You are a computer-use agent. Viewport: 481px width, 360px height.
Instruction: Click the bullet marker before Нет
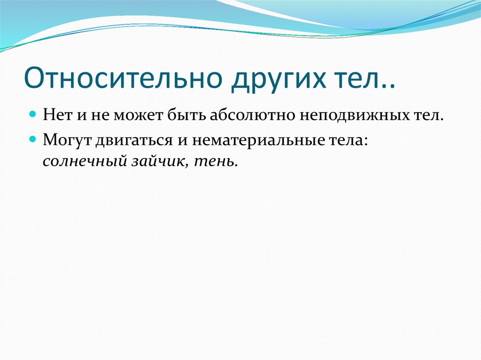33,114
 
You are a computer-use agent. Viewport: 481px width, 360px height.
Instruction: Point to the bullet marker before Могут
33,139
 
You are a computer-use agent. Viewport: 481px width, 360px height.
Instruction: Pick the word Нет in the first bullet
56,115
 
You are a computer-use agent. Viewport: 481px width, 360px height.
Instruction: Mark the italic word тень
216,162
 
